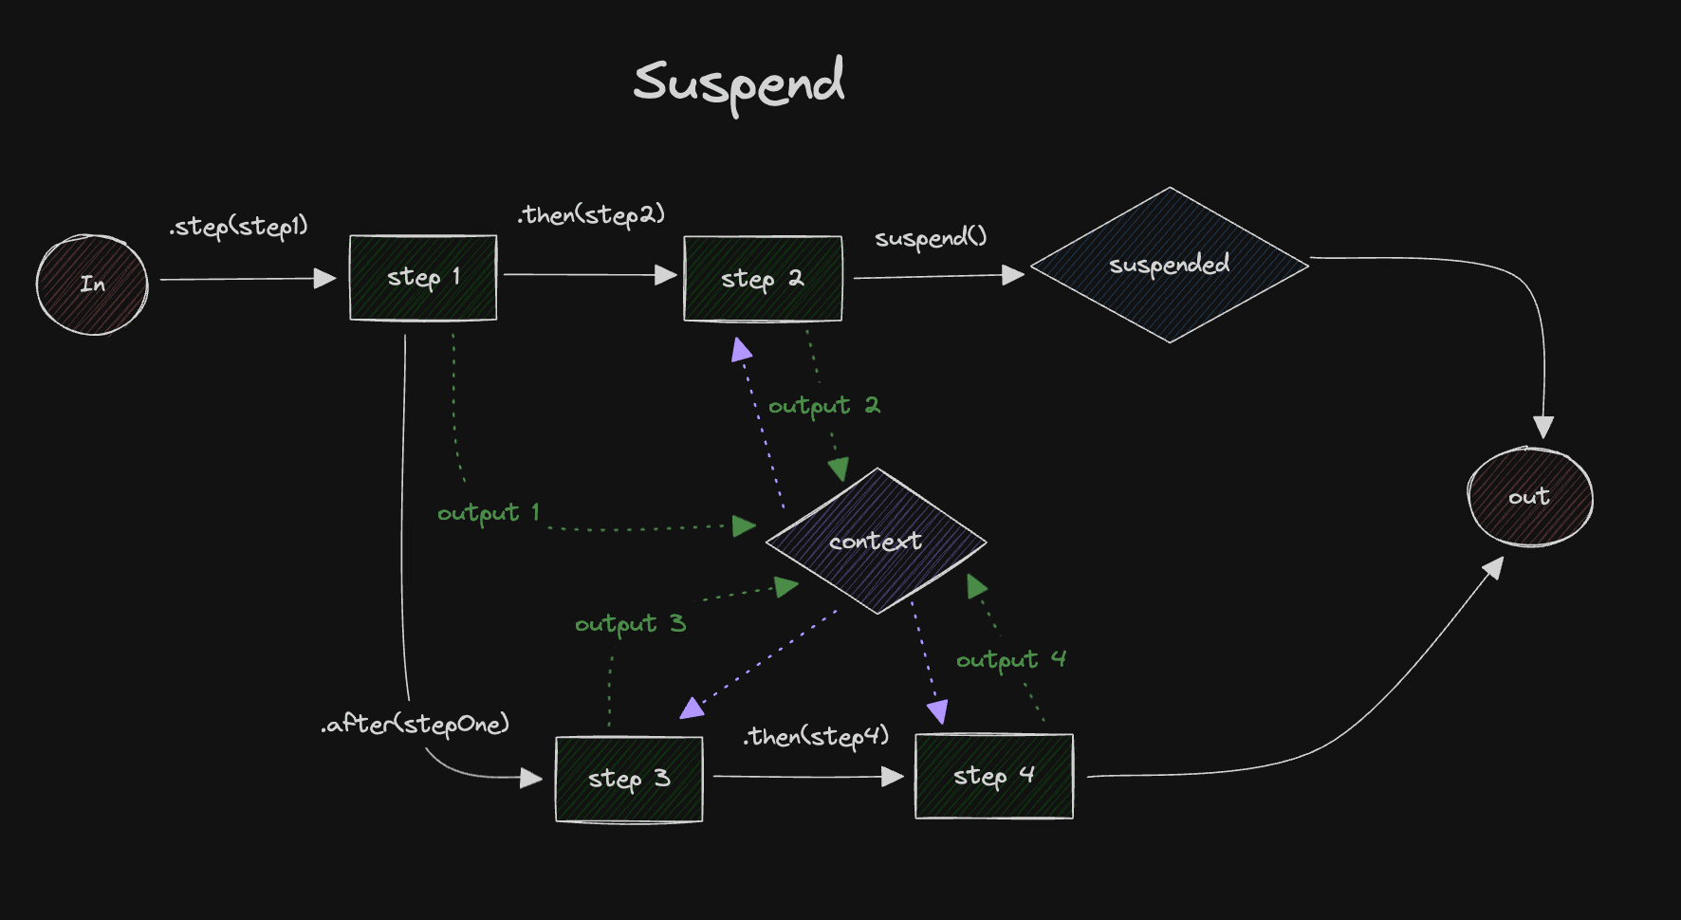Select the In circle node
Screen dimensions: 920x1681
(92, 285)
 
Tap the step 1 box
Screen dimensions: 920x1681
(423, 278)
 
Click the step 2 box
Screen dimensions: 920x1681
(763, 279)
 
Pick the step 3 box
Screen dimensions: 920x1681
(629, 780)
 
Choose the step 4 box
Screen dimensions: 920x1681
(993, 776)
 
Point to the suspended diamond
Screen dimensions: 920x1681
(1169, 265)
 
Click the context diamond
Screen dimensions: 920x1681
(876, 542)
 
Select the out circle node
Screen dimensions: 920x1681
(1529, 497)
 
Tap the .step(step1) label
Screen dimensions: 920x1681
(239, 227)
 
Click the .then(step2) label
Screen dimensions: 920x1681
(591, 215)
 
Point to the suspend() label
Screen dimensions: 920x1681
(931, 237)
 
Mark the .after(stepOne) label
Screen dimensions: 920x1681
(416, 725)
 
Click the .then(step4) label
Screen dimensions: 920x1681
(816, 736)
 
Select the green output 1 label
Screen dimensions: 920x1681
(488, 513)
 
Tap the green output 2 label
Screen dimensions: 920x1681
(823, 406)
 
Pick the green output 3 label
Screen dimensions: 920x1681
(630, 624)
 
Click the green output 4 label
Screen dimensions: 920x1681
(1010, 659)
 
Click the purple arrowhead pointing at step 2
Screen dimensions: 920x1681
(742, 350)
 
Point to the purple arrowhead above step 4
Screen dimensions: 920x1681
(937, 711)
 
